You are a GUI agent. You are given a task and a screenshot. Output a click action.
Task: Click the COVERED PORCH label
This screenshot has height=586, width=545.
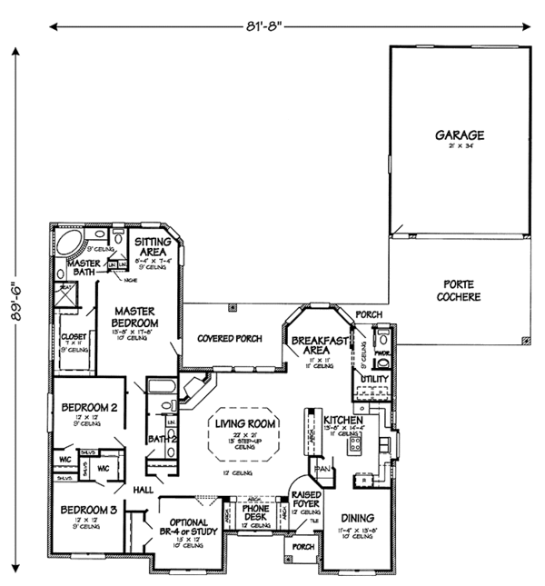tap(230, 338)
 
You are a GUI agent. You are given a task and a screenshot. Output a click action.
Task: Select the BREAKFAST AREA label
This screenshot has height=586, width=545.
tap(312, 344)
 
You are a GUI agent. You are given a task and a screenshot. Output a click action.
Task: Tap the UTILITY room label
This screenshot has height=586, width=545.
tap(374, 377)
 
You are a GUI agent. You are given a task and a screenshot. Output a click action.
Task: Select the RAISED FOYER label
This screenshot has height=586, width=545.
tap(306, 501)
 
